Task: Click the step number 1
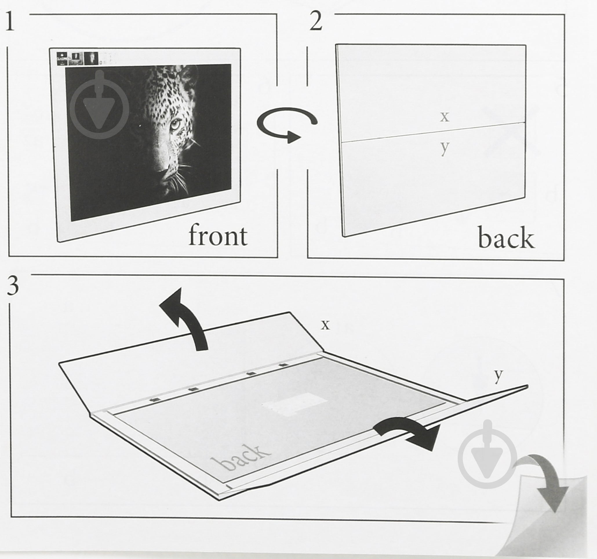[10, 22]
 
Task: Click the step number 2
[316, 22]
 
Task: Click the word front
[218, 236]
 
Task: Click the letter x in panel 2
[445, 117]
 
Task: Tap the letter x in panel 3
[325, 325]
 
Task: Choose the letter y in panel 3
[498, 376]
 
